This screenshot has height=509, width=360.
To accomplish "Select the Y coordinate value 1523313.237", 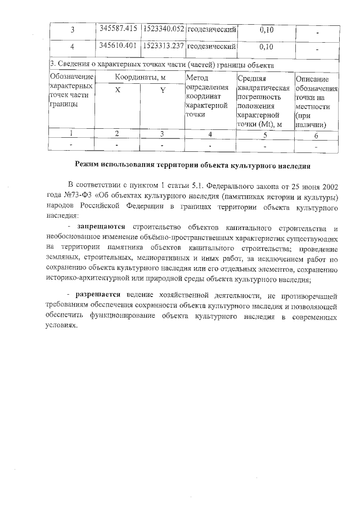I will [x=163, y=46].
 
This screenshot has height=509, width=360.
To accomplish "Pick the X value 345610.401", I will [x=117, y=46].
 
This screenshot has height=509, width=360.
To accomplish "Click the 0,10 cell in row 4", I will [x=267, y=46].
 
